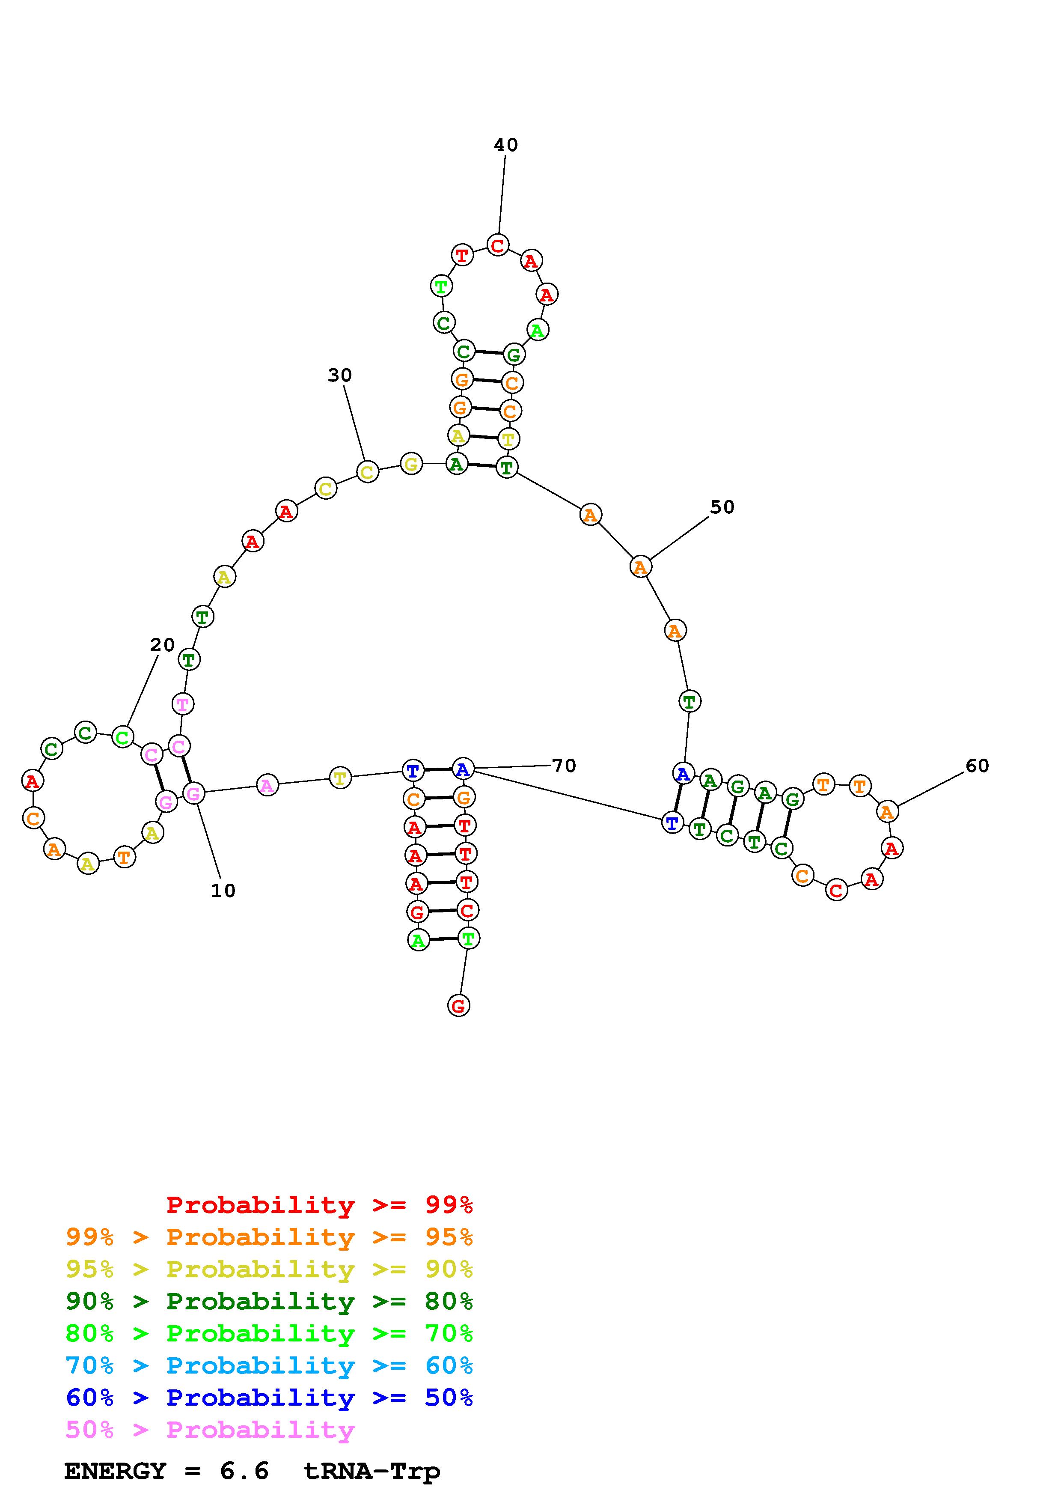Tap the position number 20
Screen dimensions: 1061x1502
point(162,645)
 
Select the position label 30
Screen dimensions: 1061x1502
point(339,375)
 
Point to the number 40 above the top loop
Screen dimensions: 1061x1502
point(505,145)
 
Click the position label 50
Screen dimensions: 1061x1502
point(722,507)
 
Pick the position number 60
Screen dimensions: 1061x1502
point(977,766)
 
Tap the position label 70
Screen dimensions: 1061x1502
point(564,766)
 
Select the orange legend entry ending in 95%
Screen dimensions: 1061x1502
point(269,1237)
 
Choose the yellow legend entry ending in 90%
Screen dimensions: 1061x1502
point(269,1269)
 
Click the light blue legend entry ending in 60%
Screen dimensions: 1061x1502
point(269,1365)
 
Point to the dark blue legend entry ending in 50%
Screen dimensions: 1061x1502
point(269,1398)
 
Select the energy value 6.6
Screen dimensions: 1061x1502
point(244,1471)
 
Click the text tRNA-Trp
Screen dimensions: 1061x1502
point(372,1471)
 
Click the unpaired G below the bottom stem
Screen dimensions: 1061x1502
point(458,1005)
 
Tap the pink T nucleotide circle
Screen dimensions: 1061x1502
point(182,704)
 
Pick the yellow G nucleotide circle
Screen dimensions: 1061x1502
point(410,464)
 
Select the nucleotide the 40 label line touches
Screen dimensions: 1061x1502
point(497,245)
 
